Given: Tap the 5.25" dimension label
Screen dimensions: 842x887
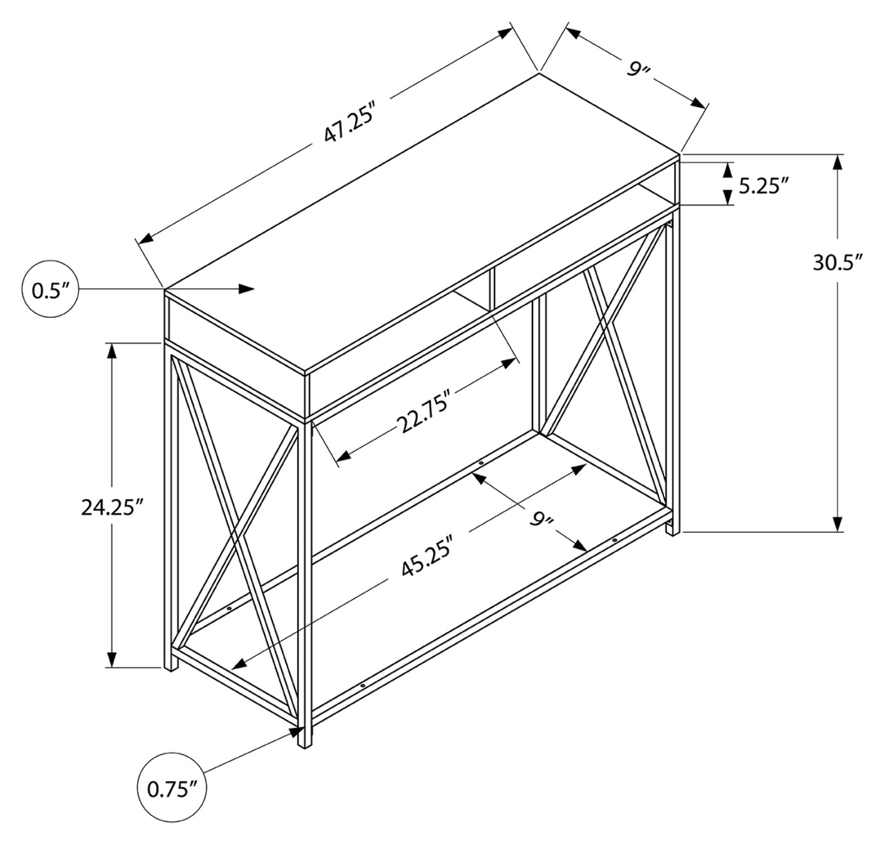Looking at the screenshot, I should [x=762, y=186].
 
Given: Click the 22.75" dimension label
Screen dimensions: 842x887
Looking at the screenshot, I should [x=427, y=414].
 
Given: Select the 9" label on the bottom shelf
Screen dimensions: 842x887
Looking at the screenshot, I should [x=542, y=519].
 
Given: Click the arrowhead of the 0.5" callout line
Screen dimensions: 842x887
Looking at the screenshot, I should [x=248, y=288].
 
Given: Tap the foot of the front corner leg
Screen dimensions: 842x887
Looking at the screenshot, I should [x=304, y=742].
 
